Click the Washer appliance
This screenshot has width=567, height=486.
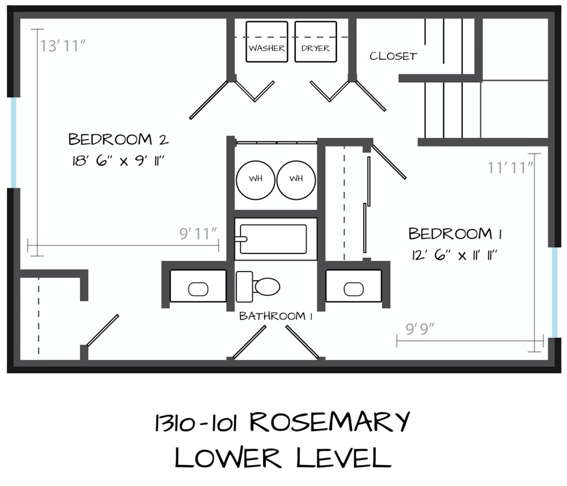point(267,42)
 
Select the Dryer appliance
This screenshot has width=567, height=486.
point(315,42)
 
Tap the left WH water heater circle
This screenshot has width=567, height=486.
point(256,180)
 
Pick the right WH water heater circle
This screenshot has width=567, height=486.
point(296,180)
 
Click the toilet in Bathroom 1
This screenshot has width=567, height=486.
point(258,287)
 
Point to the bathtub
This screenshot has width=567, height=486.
point(273,239)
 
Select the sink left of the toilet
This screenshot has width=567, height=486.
point(198,289)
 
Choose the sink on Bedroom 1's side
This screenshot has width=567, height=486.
point(354,289)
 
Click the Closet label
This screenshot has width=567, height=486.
point(393,56)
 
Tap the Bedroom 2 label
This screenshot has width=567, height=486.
point(118,139)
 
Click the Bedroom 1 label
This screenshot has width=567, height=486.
point(455,234)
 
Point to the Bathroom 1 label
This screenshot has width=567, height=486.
point(276,316)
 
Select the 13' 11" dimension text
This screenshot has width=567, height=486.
point(63,46)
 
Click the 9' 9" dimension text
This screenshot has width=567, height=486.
point(420,329)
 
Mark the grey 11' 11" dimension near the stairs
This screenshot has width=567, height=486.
point(510,167)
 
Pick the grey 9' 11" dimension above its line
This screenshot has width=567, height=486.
point(198,234)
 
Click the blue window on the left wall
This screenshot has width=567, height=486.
point(13,143)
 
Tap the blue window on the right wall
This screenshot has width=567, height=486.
point(554,292)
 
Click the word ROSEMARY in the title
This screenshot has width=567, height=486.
point(329,423)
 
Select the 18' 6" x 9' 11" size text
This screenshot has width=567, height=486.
point(118,161)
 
